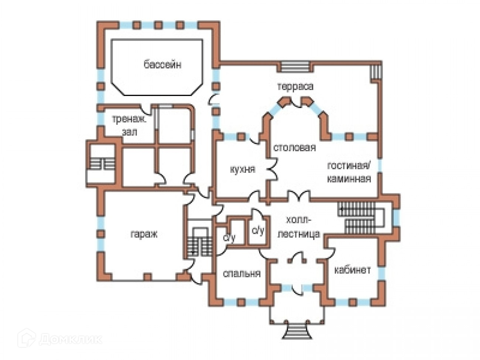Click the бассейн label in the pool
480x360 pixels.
click(x=162, y=65)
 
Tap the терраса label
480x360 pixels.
click(x=295, y=86)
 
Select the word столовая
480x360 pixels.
click(x=295, y=148)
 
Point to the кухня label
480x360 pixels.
click(x=242, y=169)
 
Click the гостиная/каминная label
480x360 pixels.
click(x=349, y=172)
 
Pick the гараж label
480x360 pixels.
click(x=144, y=234)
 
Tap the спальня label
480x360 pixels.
click(x=242, y=274)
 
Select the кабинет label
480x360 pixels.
click(x=352, y=270)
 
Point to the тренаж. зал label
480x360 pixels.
click(x=129, y=126)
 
